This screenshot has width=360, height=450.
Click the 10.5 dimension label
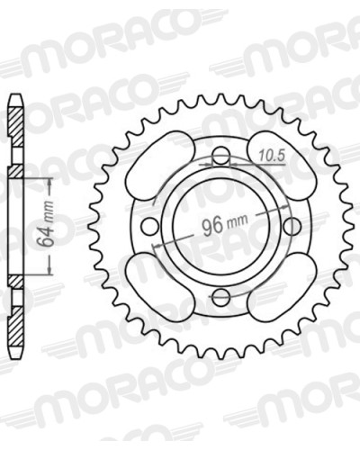[271, 156]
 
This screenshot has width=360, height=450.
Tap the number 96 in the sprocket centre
[213, 225]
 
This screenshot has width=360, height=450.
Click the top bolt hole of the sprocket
[221, 156]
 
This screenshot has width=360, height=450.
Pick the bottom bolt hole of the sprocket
[221, 296]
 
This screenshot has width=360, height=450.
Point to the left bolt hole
[150, 226]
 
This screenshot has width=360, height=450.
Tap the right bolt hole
[292, 226]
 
